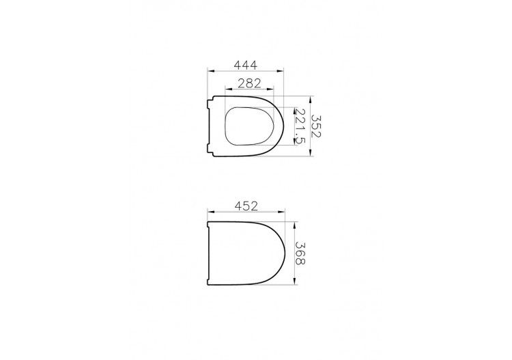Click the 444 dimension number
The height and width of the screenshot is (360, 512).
point(246,65)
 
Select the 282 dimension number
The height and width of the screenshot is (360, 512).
point(249,83)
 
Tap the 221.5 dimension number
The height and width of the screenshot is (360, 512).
point(300,126)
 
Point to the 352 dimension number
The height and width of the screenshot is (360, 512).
point(316,126)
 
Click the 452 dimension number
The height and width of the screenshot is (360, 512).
point(246,206)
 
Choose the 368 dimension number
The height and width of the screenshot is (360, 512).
point(300,253)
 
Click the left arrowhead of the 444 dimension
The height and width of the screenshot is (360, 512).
point(211,70)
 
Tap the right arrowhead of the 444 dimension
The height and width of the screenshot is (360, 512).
point(280,70)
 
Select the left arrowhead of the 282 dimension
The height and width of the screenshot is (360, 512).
point(229,89)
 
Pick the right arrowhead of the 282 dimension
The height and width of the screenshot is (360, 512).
point(270,89)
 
